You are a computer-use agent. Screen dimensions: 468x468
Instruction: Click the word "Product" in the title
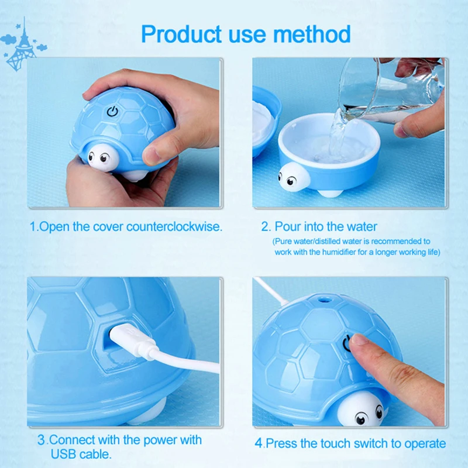click(181, 34)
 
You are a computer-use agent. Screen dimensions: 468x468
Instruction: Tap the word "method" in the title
click(312, 34)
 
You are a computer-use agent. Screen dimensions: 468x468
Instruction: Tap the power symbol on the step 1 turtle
click(112, 111)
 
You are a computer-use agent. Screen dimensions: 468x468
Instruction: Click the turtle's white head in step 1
click(103, 157)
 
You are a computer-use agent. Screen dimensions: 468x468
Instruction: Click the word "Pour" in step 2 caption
click(287, 226)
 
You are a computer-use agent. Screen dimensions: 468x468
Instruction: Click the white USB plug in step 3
click(133, 341)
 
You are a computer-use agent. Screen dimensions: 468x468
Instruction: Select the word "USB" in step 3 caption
click(63, 455)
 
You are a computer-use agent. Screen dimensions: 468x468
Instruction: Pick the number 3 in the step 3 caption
click(41, 441)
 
